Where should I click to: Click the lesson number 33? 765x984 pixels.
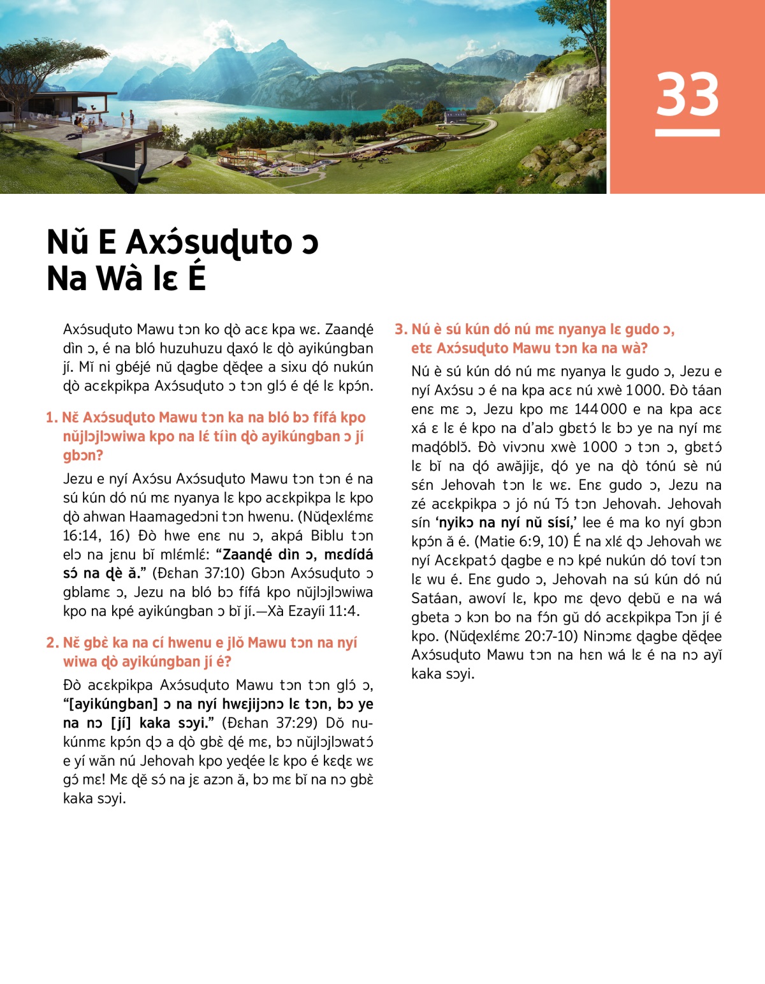point(687,94)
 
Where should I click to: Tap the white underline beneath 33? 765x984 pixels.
point(687,133)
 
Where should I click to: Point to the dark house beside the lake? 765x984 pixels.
point(455,117)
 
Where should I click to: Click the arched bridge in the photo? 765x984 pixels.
point(408,144)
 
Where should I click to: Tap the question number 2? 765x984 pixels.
point(52,643)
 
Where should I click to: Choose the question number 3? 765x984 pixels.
point(400,330)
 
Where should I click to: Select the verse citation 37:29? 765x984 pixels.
point(296,723)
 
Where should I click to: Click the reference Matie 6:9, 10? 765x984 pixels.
point(520,541)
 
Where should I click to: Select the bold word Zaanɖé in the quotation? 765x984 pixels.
point(245,554)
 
